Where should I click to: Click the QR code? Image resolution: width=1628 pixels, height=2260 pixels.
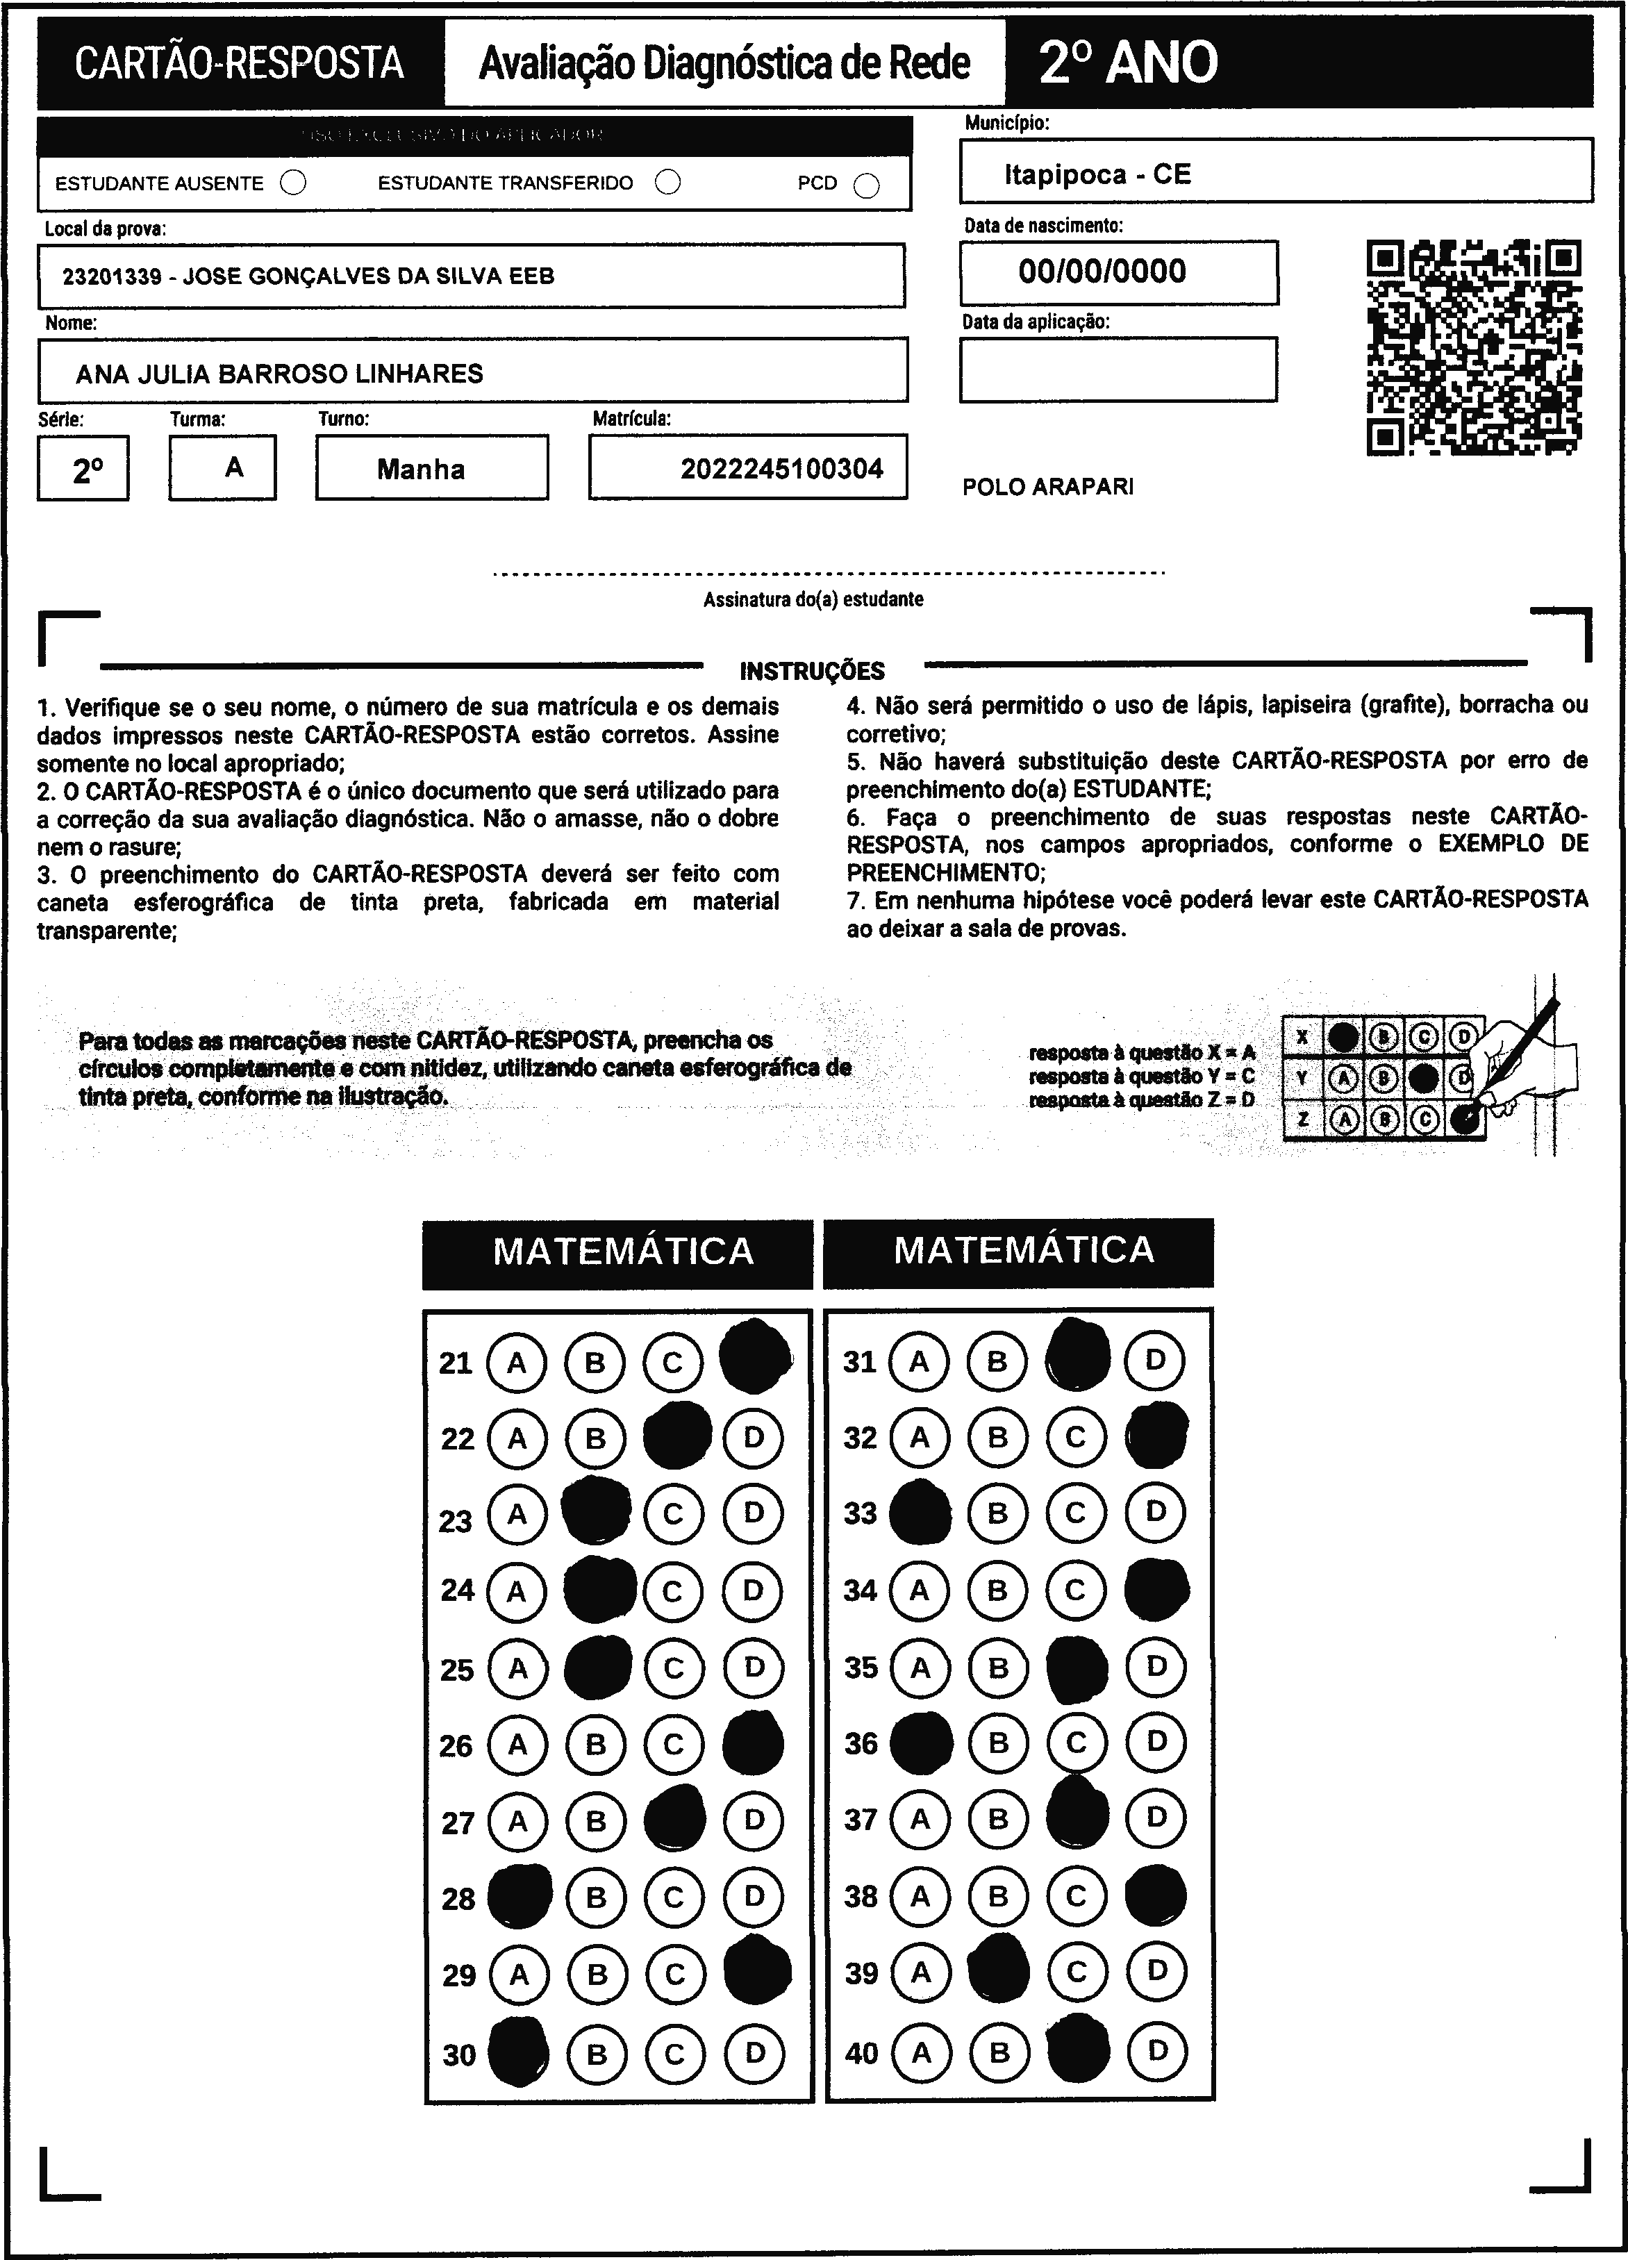[1474, 347]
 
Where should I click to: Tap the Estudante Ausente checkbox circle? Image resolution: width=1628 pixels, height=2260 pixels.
[293, 183]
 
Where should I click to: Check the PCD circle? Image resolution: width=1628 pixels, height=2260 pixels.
[867, 186]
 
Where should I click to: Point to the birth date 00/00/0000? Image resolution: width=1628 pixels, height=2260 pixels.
[1102, 271]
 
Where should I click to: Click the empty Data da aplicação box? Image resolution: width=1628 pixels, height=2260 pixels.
[1118, 369]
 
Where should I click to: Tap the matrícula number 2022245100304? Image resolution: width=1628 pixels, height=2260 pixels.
[781, 468]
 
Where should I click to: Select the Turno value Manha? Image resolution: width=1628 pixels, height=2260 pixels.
[420, 470]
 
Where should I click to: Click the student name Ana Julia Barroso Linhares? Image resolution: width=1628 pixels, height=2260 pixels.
[279, 374]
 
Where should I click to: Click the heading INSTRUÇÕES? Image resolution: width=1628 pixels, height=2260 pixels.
[812, 671]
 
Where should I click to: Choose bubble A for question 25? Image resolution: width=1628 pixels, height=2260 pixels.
[517, 1668]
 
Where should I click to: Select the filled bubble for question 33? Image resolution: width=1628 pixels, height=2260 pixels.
[919, 1513]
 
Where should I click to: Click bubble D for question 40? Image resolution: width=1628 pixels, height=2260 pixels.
[1156, 2051]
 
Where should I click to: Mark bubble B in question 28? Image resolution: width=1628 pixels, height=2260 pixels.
[596, 1897]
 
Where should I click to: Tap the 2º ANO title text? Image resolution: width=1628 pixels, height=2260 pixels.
[1128, 63]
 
